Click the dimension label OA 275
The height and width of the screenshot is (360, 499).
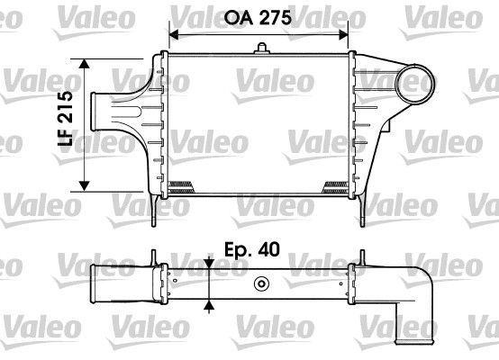click(258, 17)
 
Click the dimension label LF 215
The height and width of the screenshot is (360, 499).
click(65, 118)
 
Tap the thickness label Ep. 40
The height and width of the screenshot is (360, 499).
click(252, 249)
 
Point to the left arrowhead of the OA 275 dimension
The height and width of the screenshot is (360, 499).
click(174, 35)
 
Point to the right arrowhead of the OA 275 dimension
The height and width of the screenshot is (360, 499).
click(343, 35)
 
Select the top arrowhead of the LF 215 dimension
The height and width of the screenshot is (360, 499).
click(84, 64)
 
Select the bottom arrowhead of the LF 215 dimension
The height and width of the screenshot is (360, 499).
click(84, 186)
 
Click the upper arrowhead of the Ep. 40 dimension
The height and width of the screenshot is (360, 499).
click(209, 263)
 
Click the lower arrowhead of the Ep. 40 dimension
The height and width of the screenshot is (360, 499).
click(209, 305)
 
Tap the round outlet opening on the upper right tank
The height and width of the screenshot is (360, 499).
click(414, 84)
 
